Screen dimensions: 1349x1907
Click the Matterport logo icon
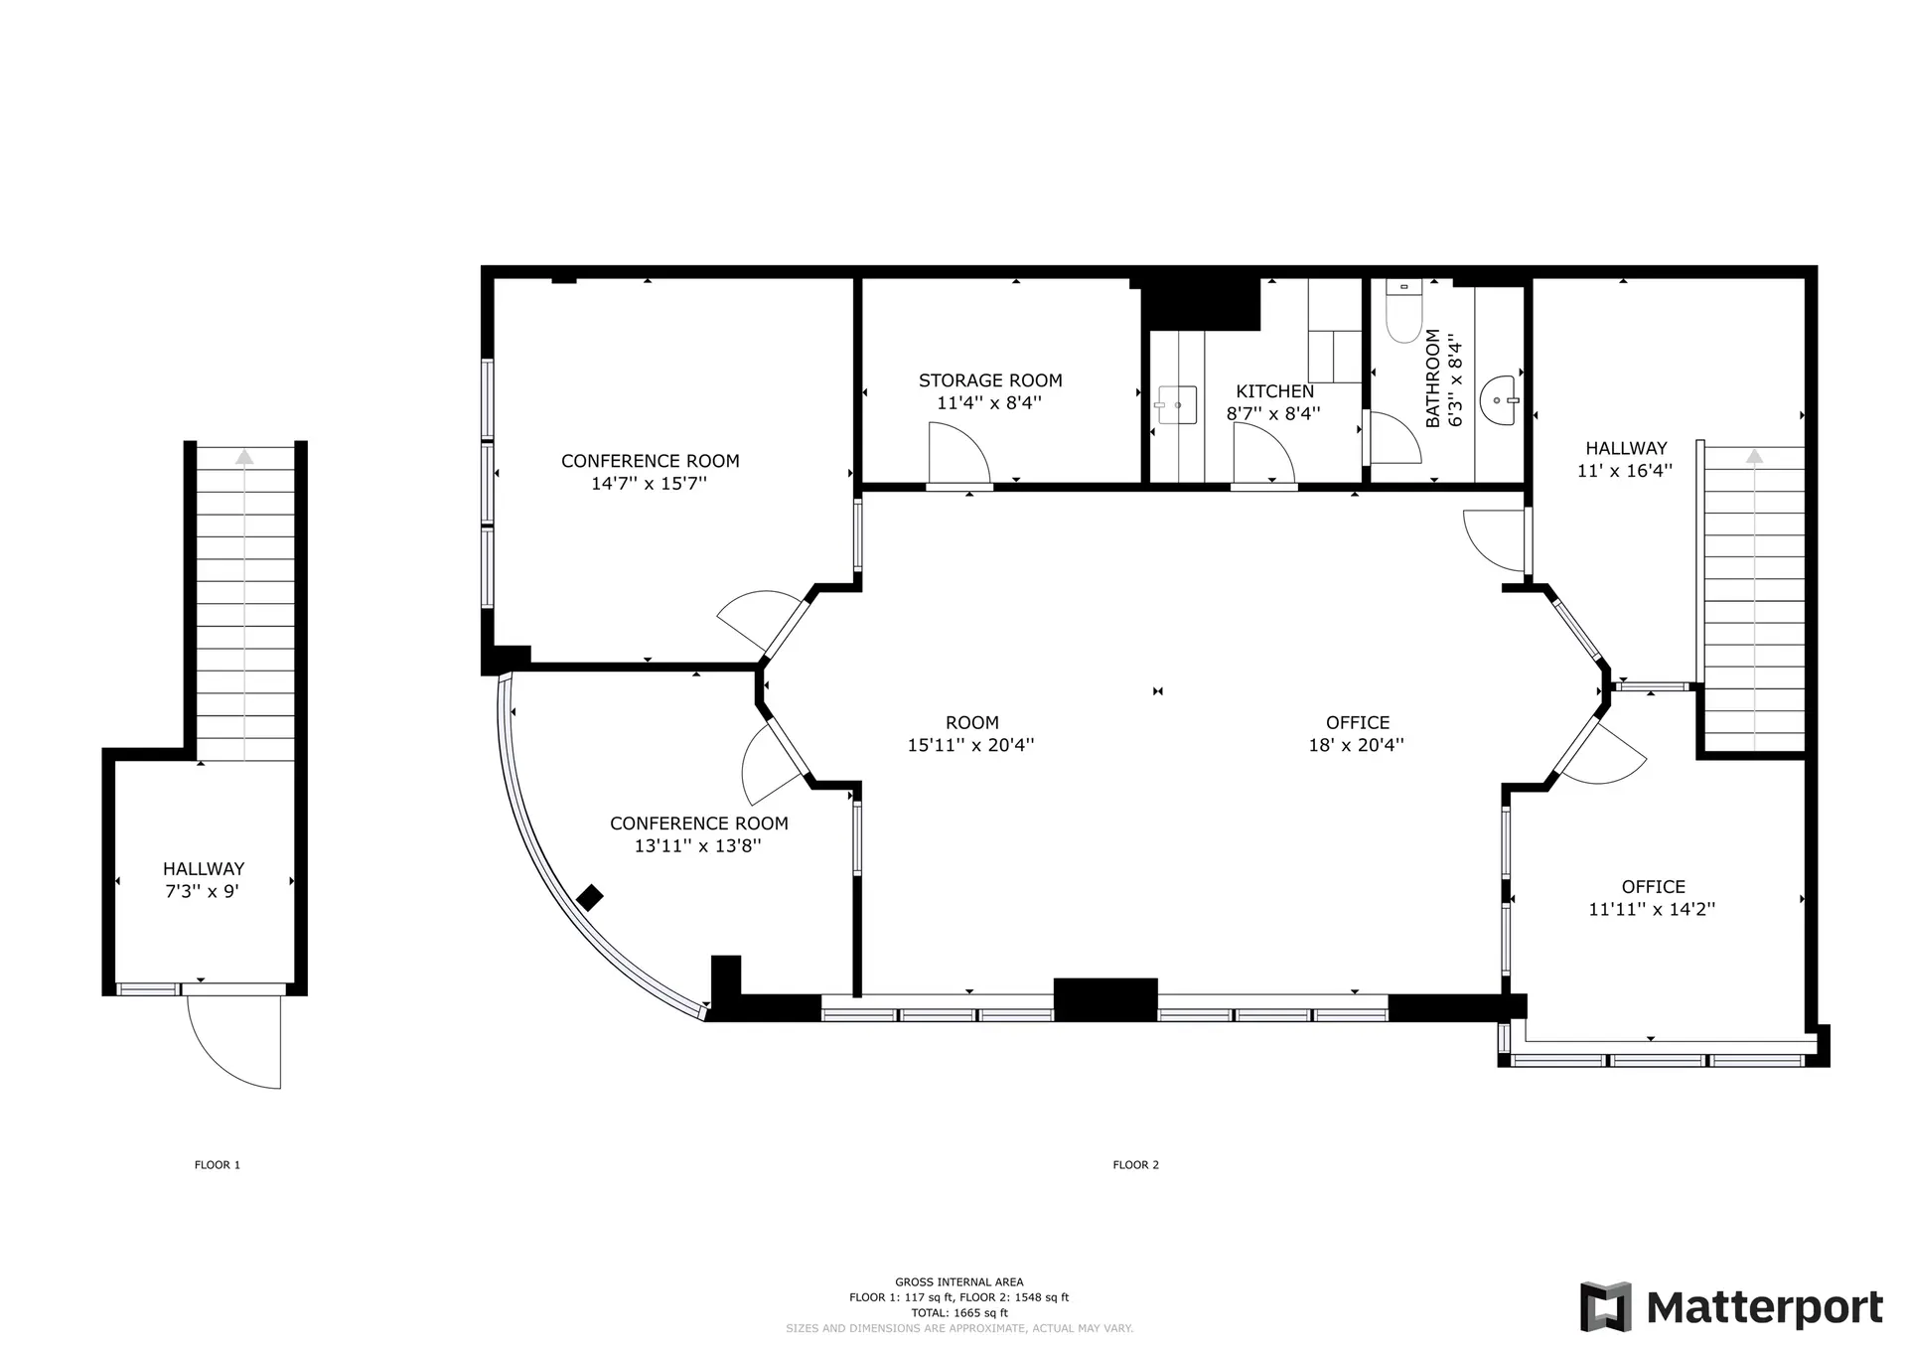pos(1605,1307)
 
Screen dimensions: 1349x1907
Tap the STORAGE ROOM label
pos(990,380)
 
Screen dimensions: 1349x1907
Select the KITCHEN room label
pos(1274,391)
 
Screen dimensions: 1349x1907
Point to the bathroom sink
pos(1499,400)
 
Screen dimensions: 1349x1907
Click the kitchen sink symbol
pos(1178,405)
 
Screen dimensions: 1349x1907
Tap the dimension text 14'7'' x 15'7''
pos(649,484)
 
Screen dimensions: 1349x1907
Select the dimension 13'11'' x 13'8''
pos(698,846)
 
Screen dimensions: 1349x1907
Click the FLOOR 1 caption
pos(218,1165)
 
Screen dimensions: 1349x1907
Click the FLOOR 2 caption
pos(1135,1165)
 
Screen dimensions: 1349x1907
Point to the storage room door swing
pos(958,454)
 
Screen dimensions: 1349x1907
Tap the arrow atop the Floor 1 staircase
pos(244,457)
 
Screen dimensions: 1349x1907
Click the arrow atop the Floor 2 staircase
pos(1755,456)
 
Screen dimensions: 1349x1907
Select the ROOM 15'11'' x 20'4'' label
pos(971,734)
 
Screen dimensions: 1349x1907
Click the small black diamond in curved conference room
pos(590,897)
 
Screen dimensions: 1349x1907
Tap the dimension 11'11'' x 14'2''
pos(1652,909)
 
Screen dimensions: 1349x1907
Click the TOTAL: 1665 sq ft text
pos(959,1313)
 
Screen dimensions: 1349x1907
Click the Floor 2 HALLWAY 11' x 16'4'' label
pos(1625,459)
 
